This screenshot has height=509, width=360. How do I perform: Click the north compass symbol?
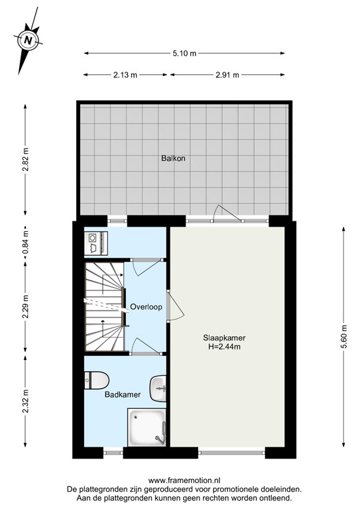[x=28, y=40]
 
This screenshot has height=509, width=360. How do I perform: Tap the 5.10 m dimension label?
[x=184, y=53]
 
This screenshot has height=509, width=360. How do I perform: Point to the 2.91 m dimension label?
[x=227, y=75]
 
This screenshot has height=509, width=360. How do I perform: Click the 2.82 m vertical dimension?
[x=25, y=159]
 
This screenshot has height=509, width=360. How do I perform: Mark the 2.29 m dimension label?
[x=25, y=307]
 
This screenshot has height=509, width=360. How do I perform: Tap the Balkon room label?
[x=172, y=159]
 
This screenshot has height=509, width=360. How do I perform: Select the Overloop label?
[x=146, y=308]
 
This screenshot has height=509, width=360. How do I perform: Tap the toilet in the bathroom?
[x=97, y=380]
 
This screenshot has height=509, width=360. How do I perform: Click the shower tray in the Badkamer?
[x=147, y=427]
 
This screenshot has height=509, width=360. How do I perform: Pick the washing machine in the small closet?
[x=94, y=243]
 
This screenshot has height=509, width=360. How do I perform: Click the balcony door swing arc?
[x=224, y=211]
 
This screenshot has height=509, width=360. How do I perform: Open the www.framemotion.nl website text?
[x=180, y=481]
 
